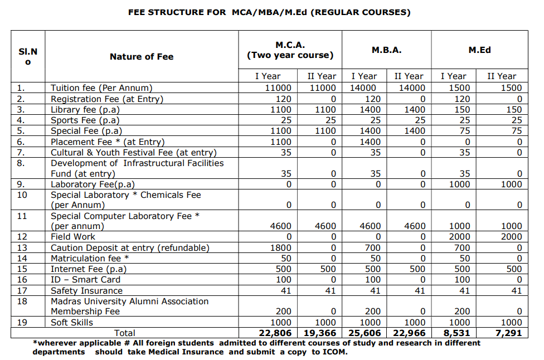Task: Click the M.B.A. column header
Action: (x=386, y=50)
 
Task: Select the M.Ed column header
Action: (x=479, y=50)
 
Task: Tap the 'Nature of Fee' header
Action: (x=142, y=56)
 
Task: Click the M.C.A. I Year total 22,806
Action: (x=274, y=333)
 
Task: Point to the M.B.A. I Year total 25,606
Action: (x=365, y=333)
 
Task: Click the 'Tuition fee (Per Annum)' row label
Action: (x=101, y=88)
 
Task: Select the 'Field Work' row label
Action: (x=73, y=237)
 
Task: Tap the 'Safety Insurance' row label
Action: (x=86, y=291)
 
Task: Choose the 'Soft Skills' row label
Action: (x=72, y=323)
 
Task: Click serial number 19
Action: (x=22, y=323)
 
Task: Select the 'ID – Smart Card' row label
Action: (x=86, y=280)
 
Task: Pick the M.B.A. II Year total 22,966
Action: (x=409, y=333)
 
